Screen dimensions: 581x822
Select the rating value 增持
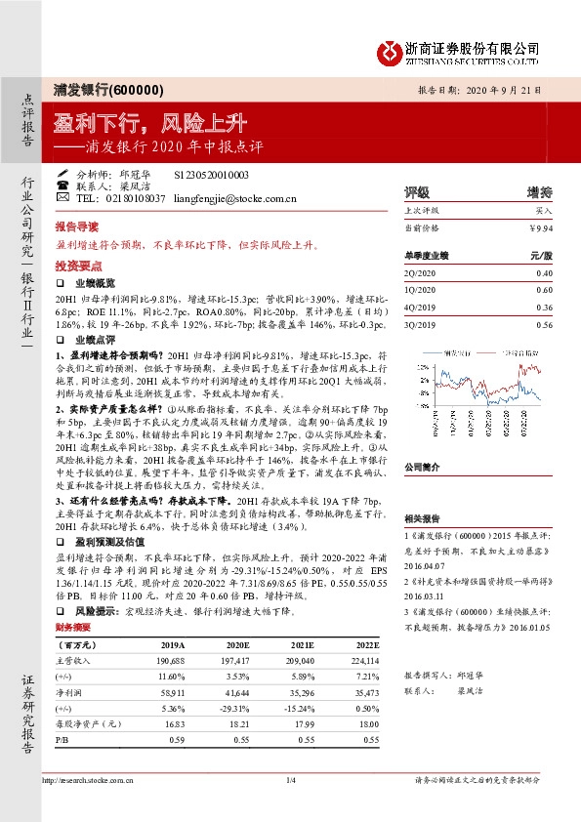539,192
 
